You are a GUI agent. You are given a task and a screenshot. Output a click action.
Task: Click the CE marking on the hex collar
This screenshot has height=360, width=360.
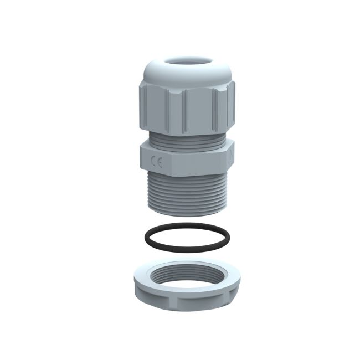[x=157, y=163]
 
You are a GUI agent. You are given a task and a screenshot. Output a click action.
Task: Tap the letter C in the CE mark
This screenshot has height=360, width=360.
[x=154, y=163]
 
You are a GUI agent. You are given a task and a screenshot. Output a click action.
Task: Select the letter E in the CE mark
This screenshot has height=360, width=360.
[x=160, y=163]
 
